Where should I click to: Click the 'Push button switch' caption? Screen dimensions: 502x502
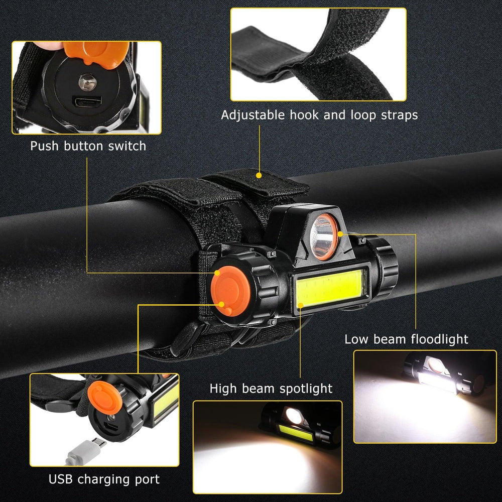(x=88, y=146)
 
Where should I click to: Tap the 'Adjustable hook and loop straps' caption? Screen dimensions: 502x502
(x=319, y=115)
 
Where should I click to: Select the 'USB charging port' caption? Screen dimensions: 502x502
(x=104, y=479)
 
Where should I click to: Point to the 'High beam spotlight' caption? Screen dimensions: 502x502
(x=271, y=389)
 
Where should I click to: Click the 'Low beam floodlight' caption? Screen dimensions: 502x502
(x=406, y=339)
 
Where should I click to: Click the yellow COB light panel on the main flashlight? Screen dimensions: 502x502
(x=330, y=288)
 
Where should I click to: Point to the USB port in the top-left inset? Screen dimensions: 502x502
(x=87, y=102)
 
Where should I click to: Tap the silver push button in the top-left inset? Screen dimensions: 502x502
(x=87, y=82)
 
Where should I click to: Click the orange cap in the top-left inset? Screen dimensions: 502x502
(x=96, y=53)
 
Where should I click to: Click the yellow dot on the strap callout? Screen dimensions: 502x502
(x=259, y=175)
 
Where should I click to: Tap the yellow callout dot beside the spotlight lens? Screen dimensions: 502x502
(x=340, y=234)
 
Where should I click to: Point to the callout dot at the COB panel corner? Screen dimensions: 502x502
(x=300, y=305)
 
